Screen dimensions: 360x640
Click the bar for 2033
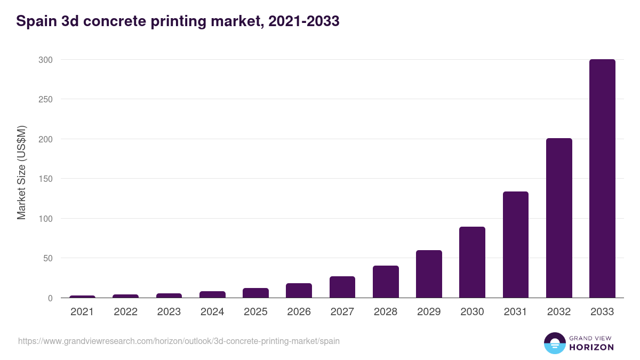[x=602, y=179]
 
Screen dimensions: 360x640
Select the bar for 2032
[x=559, y=218]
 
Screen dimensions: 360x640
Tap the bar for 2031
[x=515, y=245]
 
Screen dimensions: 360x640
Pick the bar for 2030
[x=472, y=262]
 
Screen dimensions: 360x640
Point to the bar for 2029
[x=429, y=274]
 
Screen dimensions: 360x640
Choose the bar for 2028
[x=386, y=282]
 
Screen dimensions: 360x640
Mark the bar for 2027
[x=342, y=287]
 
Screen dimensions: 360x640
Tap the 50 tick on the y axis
[x=47, y=258]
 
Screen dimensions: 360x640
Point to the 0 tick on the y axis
[x=50, y=298]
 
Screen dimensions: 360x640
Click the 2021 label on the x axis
[x=82, y=312]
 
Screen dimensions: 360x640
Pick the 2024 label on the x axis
[x=212, y=312]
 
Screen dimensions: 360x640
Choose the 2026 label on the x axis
[x=299, y=312]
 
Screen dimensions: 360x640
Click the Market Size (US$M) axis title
[x=21, y=172]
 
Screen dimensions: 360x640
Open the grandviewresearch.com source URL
[x=179, y=341]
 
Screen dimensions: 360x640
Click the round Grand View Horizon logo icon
[x=555, y=343]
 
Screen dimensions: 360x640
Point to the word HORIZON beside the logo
[x=591, y=347]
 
